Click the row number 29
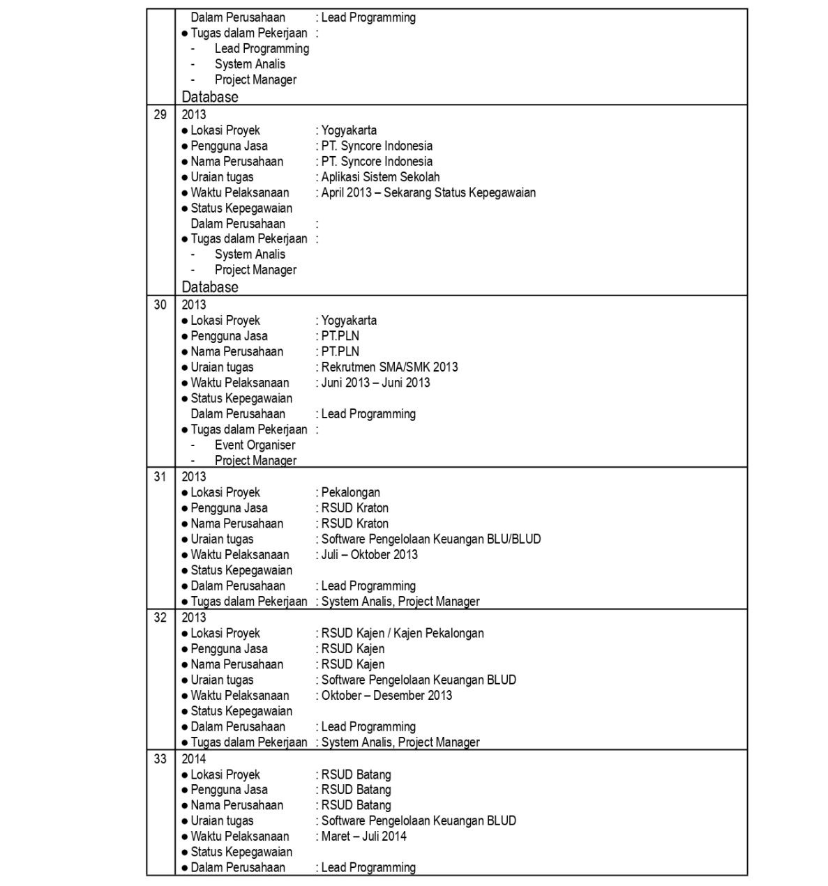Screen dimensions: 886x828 (x=160, y=115)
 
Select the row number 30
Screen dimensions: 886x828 (x=160, y=305)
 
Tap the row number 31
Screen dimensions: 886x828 (x=160, y=477)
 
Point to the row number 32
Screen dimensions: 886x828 (x=160, y=618)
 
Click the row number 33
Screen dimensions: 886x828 (x=160, y=759)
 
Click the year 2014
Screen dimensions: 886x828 (x=194, y=759)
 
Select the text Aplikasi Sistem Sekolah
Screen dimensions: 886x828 (x=380, y=177)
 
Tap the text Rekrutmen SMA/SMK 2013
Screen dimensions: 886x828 (x=389, y=367)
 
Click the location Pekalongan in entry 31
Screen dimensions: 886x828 (x=350, y=492)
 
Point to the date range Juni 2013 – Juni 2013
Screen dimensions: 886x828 (x=375, y=383)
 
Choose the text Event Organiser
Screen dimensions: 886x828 (x=255, y=445)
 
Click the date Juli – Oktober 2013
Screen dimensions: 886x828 (x=370, y=555)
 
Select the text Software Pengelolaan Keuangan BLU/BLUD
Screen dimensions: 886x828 (x=430, y=539)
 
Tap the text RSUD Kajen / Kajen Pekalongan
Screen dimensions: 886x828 (x=402, y=633)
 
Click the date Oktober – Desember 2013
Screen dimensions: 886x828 (x=386, y=696)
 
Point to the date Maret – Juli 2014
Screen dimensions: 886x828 (x=363, y=837)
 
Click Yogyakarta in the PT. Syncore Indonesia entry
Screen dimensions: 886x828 (x=349, y=130)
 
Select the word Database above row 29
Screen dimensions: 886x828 (x=210, y=97)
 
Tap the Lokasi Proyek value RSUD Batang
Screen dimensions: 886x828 (x=356, y=774)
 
